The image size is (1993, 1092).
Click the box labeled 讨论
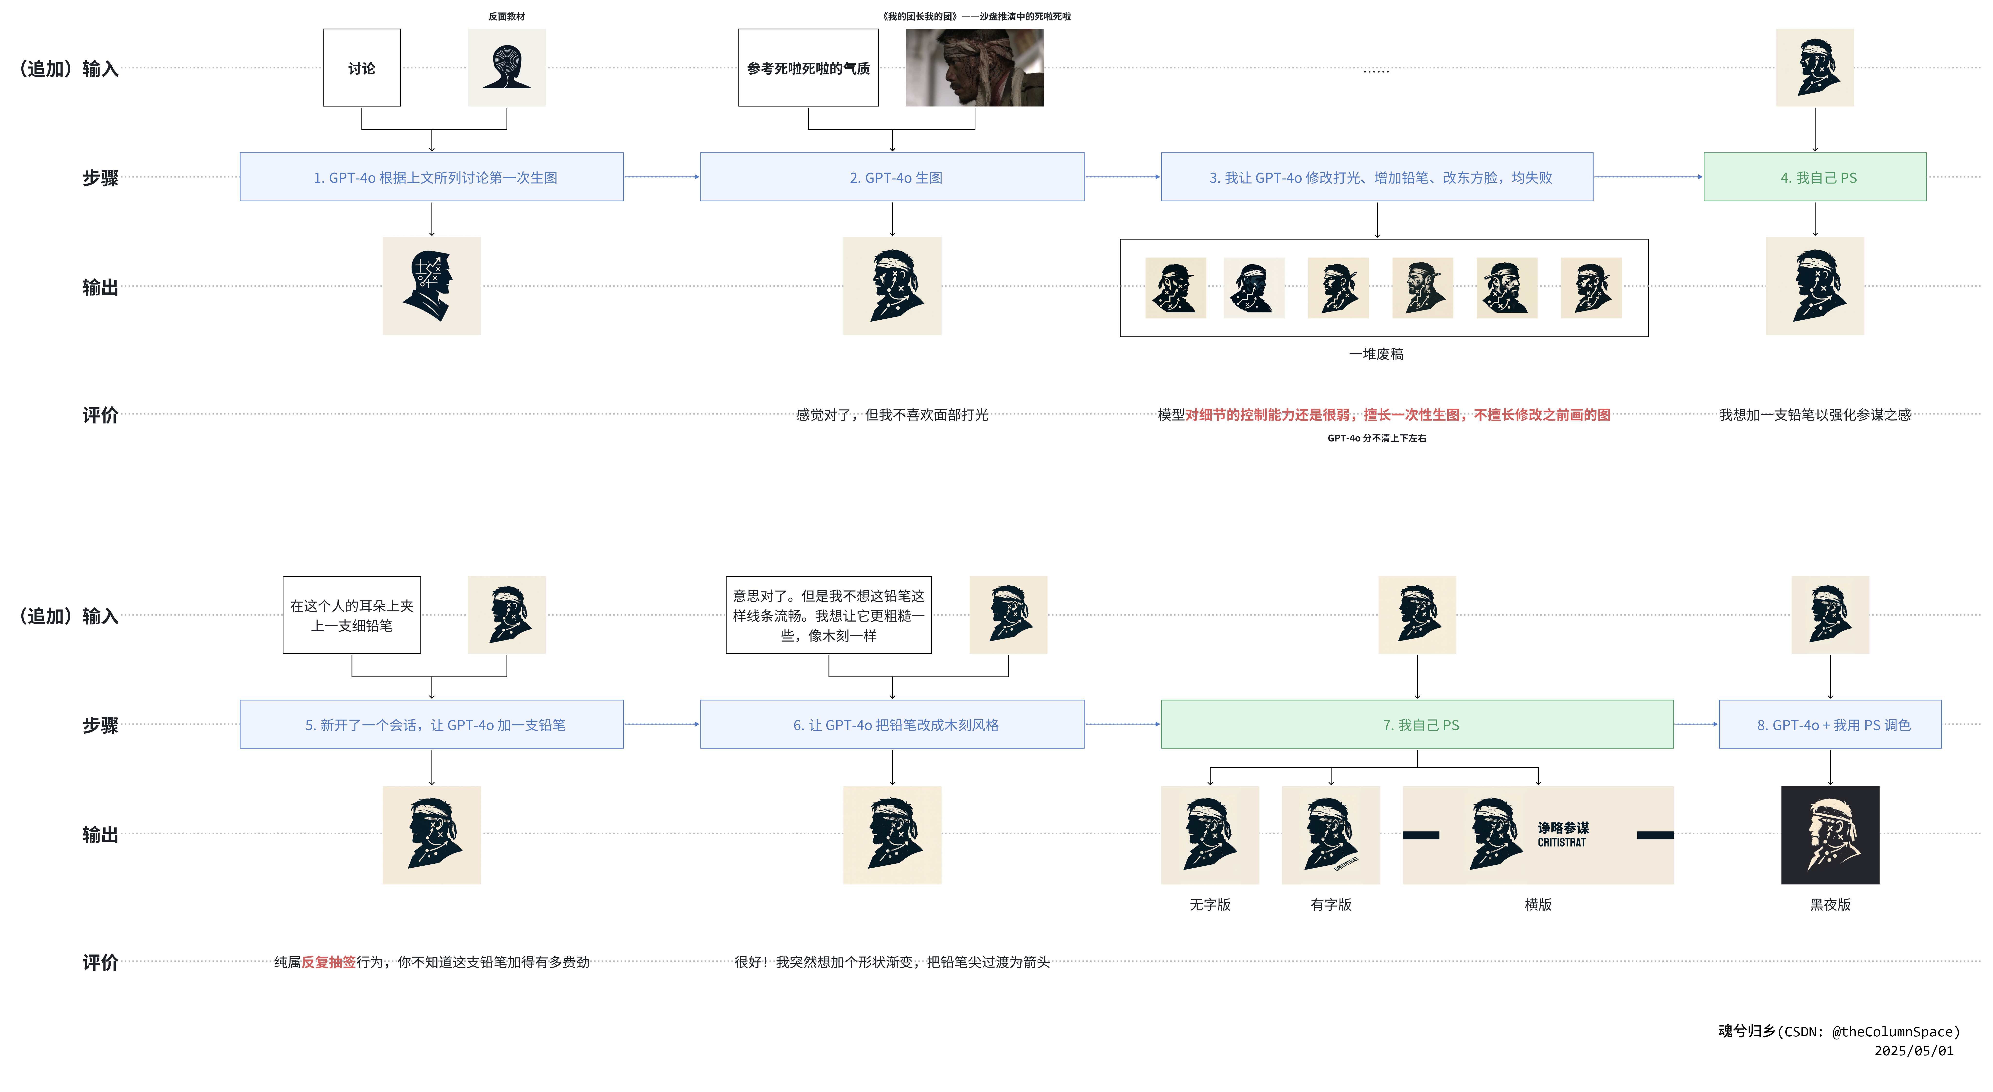(x=361, y=68)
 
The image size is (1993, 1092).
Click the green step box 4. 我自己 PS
(x=1814, y=177)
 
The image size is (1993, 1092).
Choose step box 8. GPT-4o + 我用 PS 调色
(x=1830, y=724)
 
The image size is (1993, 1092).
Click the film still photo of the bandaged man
(x=974, y=68)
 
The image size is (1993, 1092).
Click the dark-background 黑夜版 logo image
(x=1830, y=835)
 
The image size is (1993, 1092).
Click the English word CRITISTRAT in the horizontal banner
(x=1561, y=843)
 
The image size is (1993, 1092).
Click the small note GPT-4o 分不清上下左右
(x=1376, y=438)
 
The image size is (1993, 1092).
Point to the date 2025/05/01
(x=1913, y=1051)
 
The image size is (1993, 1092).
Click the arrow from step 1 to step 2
(x=661, y=177)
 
